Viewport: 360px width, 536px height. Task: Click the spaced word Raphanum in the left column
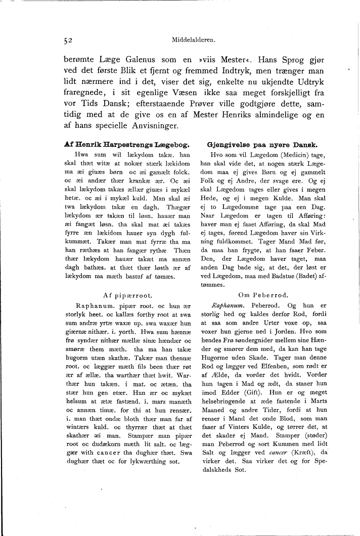[93, 306]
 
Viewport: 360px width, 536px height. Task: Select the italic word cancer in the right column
[279, 451]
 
